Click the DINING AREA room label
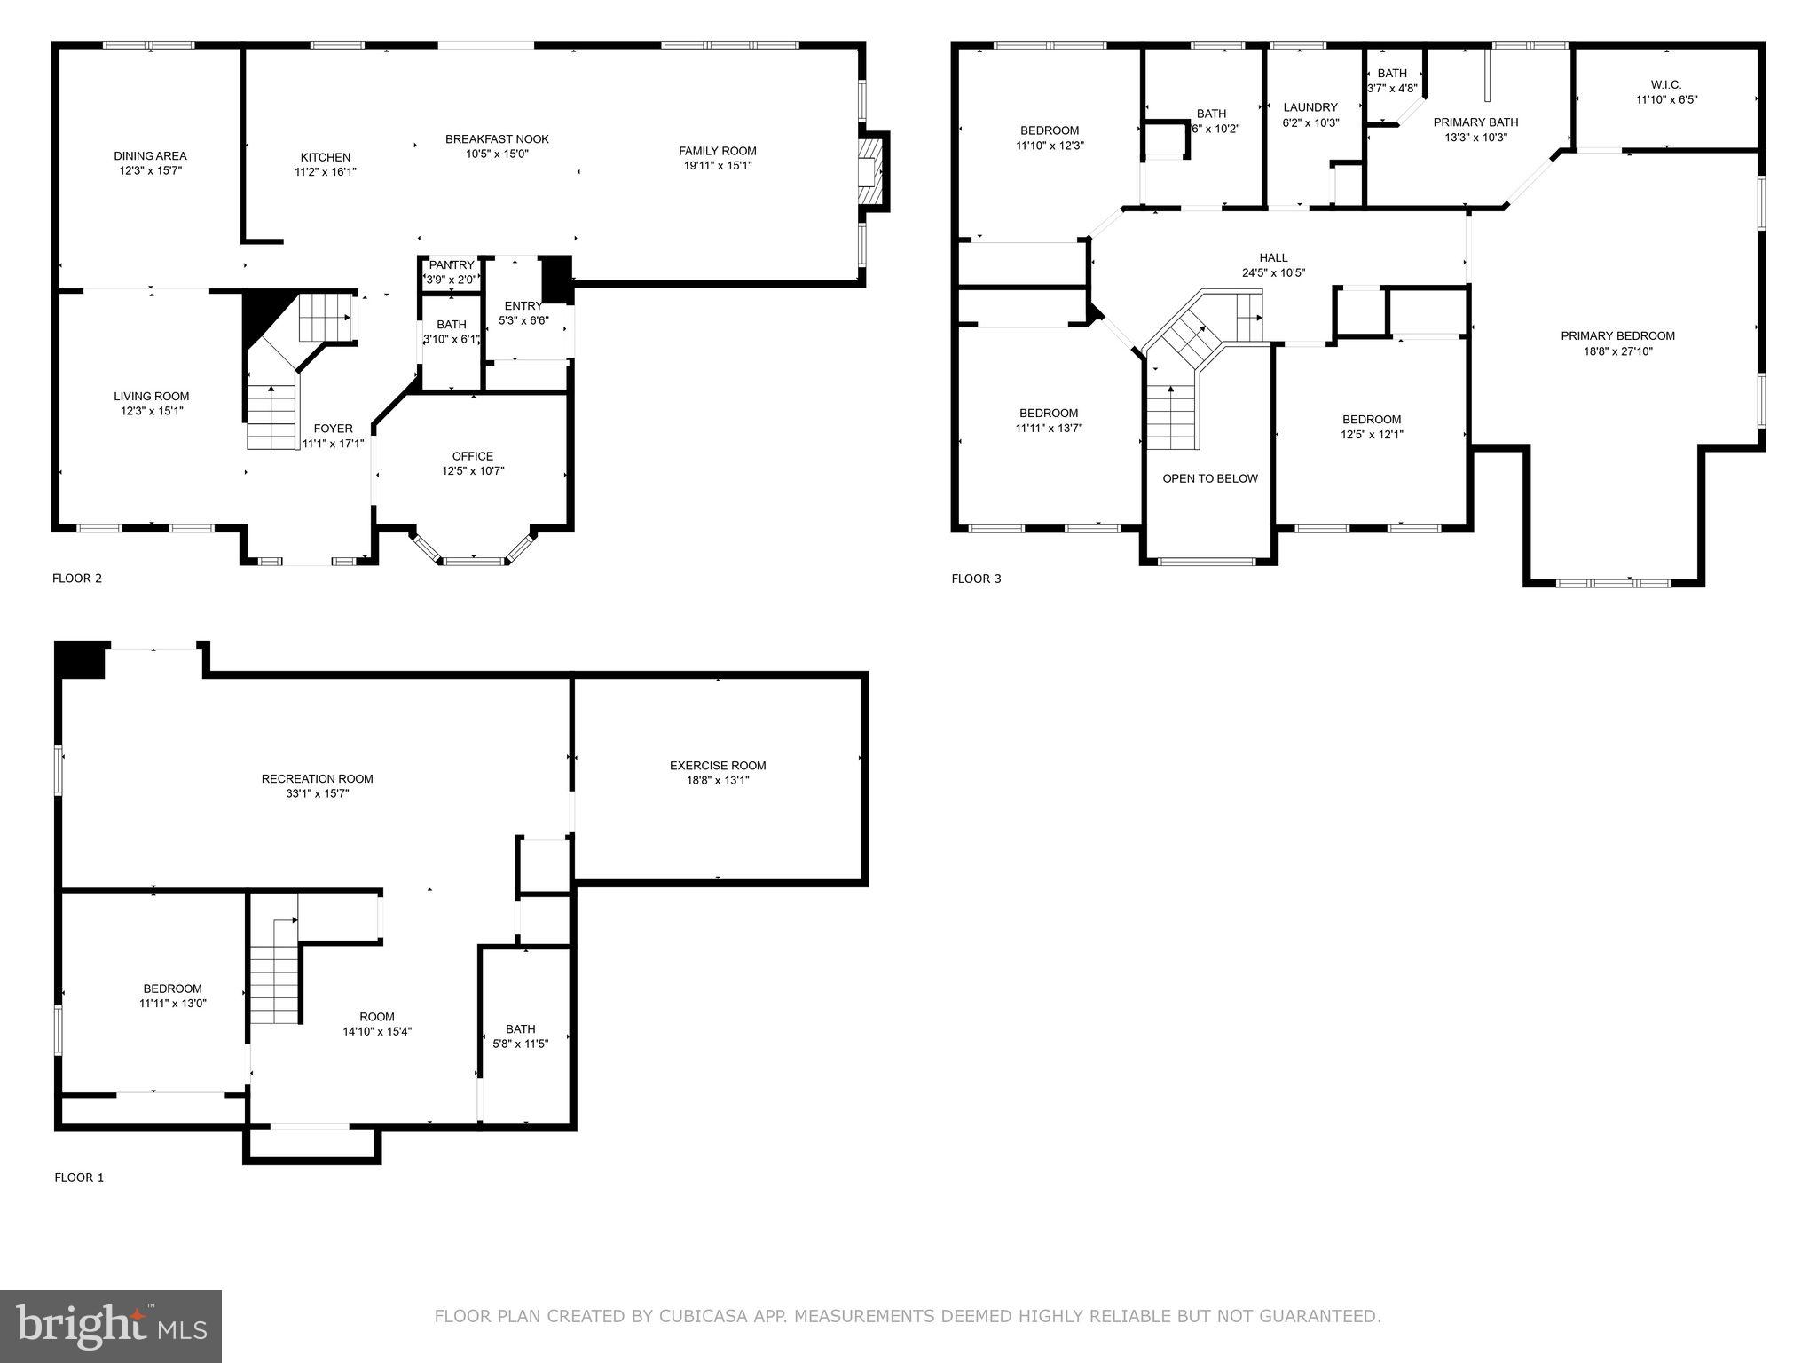pyautogui.click(x=150, y=156)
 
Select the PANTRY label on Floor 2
pyautogui.click(x=452, y=265)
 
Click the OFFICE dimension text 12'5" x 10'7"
pyautogui.click(x=473, y=471)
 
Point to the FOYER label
pyautogui.click(x=333, y=429)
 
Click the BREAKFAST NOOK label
pyautogui.click(x=497, y=139)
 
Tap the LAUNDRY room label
pyautogui.click(x=1310, y=107)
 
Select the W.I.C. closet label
pyautogui.click(x=1665, y=85)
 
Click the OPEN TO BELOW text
pyautogui.click(x=1210, y=478)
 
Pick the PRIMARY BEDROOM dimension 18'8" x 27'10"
pyautogui.click(x=1617, y=351)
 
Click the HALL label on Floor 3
pyautogui.click(x=1273, y=258)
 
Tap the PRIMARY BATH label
pyautogui.click(x=1475, y=122)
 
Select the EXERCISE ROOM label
pyautogui.click(x=717, y=766)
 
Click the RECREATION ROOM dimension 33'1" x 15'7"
pyautogui.click(x=317, y=794)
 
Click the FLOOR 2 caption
pyautogui.click(x=77, y=579)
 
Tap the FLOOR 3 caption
pyautogui.click(x=976, y=579)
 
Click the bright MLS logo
pyautogui.click(x=111, y=1326)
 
